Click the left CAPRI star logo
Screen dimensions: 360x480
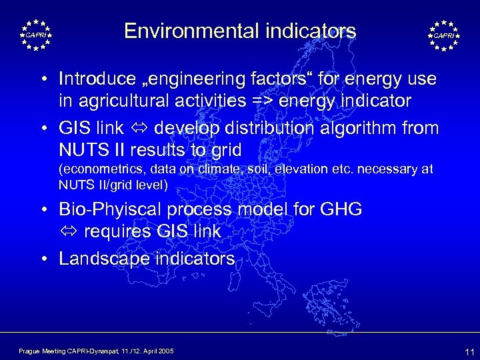[x=35, y=35]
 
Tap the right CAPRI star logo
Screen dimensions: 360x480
[x=443, y=35]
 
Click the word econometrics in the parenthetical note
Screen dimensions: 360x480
[x=97, y=169]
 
